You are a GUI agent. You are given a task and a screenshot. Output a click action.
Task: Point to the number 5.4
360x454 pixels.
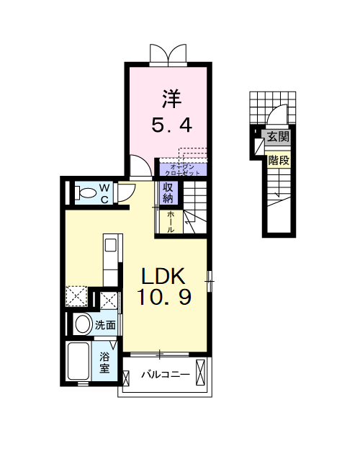tap(171, 125)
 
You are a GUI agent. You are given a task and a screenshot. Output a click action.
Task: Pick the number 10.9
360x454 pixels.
tap(165, 298)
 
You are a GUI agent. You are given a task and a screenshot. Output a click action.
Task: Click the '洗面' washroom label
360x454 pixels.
tap(106, 325)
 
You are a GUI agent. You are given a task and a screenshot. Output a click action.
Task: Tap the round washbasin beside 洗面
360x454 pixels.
tap(82, 324)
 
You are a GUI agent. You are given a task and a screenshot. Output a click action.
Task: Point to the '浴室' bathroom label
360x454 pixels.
tap(105, 362)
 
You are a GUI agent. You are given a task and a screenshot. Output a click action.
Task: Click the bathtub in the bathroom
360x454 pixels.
tap(78, 362)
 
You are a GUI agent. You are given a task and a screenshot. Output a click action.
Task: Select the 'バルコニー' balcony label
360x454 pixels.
tap(165, 375)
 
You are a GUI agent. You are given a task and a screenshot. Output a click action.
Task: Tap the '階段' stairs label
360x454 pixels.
tap(278, 160)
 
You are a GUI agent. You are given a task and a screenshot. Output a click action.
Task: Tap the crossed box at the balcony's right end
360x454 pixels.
tap(201, 375)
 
